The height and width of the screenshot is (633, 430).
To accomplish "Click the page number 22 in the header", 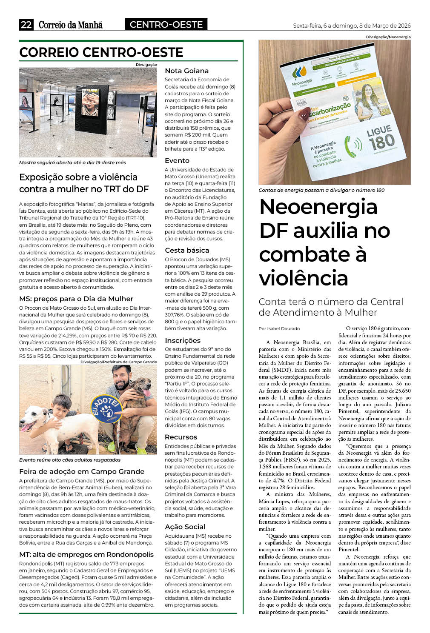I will pyautogui.click(x=26, y=25).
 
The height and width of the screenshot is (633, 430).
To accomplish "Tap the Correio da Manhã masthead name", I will pyautogui.click(x=71, y=25).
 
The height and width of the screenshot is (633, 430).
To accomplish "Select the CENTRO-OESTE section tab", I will pyautogui.click(x=166, y=25).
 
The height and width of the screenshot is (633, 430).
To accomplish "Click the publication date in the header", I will pyautogui.click(x=352, y=26).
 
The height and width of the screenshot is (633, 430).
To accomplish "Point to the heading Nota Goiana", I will pyautogui.click(x=186, y=71).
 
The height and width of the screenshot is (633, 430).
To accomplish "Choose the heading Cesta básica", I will pyautogui.click(x=187, y=251).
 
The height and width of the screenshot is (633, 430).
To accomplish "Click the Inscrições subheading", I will pyautogui.click(x=183, y=340).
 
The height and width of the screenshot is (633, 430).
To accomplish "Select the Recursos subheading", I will pyautogui.click(x=181, y=437).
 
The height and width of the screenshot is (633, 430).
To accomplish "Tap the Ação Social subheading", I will pyautogui.click(x=185, y=527).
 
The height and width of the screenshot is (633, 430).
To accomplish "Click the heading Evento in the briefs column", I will pyautogui.click(x=177, y=161).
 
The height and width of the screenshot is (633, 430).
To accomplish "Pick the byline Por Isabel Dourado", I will pyautogui.click(x=279, y=328).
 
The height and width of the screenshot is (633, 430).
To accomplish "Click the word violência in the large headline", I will pyautogui.click(x=304, y=278).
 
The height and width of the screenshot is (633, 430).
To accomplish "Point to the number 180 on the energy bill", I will pyautogui.click(x=381, y=142).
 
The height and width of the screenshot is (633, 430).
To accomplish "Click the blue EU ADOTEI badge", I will pyautogui.click(x=106, y=409).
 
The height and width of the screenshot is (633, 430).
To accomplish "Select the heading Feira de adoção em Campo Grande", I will pyautogui.click(x=82, y=471).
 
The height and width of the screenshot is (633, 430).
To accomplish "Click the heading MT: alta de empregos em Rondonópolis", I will pyautogui.click(x=86, y=555).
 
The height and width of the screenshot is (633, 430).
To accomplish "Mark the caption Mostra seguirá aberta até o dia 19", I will pyautogui.click(x=72, y=163).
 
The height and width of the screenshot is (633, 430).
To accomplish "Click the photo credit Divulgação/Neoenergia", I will pyautogui.click(x=388, y=37).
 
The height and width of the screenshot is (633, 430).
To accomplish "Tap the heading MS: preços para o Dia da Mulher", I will pyautogui.click(x=76, y=299).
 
